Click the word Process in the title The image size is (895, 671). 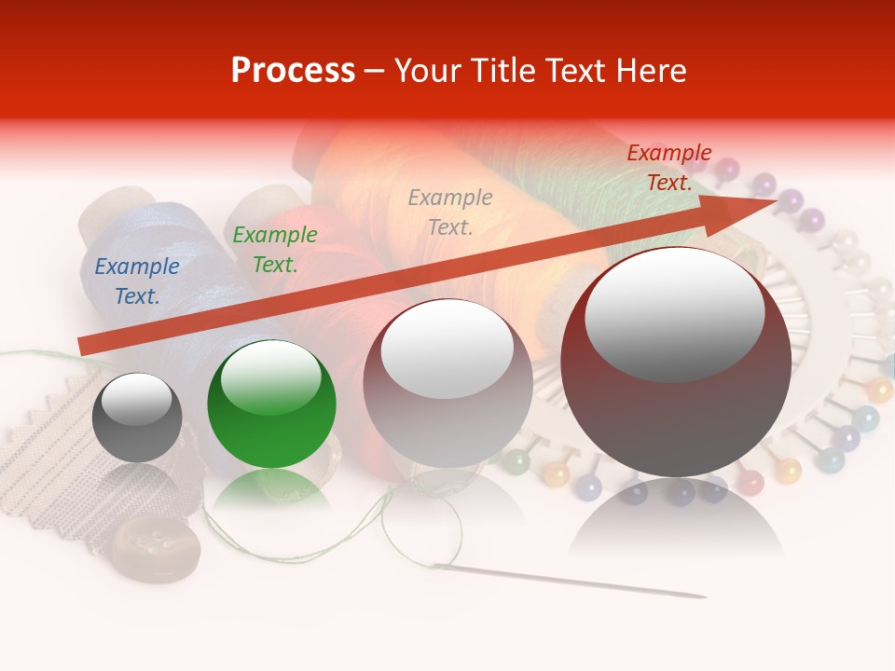coord(293,71)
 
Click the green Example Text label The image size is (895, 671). coord(275,250)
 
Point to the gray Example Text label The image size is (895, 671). coord(450,212)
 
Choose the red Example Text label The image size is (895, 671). coord(668,168)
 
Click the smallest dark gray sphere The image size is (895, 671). coord(137,429)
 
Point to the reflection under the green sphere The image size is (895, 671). coord(271,489)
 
